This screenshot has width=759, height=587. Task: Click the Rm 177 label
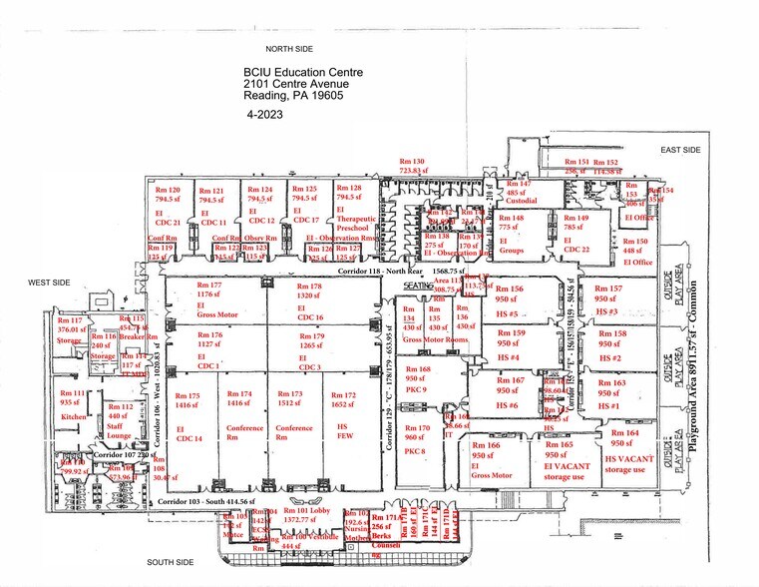point(208,285)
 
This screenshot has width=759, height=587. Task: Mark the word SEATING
point(418,285)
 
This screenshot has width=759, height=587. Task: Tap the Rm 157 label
point(608,287)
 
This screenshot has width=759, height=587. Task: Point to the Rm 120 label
point(168,190)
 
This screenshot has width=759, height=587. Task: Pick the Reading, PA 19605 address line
point(293,98)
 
